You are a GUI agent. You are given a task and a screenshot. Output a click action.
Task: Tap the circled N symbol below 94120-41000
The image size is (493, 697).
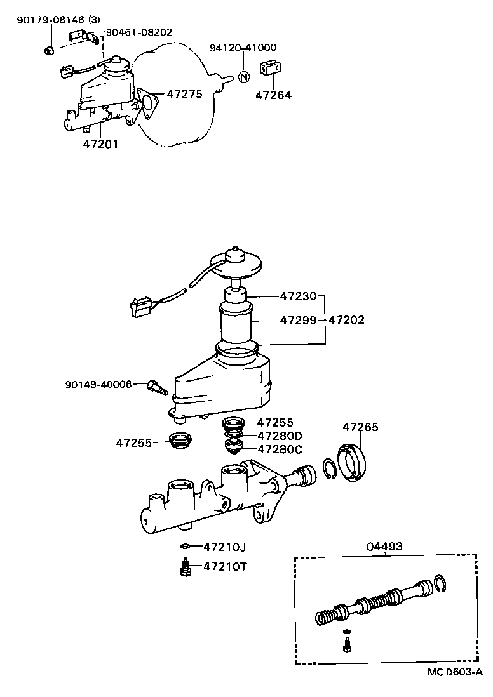coord(243,76)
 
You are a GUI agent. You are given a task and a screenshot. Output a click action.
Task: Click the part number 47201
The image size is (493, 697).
coord(100,144)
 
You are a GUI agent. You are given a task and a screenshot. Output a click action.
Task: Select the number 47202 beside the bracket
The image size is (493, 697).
coord(346,321)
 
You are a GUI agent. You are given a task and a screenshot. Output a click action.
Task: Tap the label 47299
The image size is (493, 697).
coord(297,321)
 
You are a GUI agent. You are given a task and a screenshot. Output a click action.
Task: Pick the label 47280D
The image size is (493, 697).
coord(280,435)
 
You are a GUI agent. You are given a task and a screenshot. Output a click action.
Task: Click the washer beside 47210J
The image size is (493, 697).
coord(185,546)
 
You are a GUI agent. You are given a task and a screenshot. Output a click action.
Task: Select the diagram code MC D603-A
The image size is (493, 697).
coord(454,672)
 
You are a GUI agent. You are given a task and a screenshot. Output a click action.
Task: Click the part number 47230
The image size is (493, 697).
coord(297,296)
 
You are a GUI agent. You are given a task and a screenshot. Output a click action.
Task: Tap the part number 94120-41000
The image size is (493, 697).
coord(243,48)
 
